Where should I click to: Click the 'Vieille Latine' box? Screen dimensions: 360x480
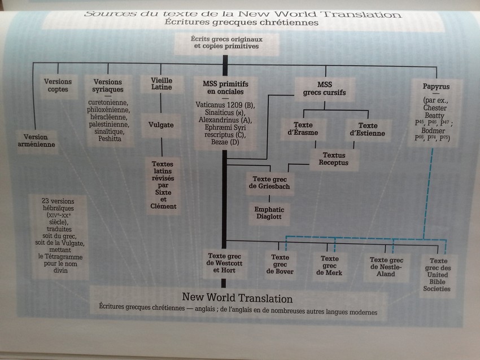[x=162, y=84]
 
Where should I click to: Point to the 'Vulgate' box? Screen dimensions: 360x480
[x=162, y=125]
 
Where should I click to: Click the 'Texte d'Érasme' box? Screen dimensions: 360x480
[x=300, y=129]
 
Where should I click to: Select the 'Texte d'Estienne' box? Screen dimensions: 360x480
[x=368, y=129]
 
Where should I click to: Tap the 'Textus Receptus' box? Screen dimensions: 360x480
[x=334, y=159]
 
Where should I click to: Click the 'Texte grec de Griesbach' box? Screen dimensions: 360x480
[x=269, y=182]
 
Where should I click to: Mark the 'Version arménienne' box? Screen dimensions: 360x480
[x=36, y=140]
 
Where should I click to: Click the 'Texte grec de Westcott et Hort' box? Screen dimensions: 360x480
[x=225, y=262]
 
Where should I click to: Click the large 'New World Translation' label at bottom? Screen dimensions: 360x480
[x=237, y=298]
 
